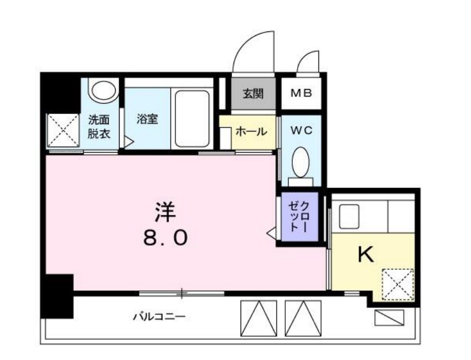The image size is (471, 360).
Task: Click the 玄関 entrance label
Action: (252, 93)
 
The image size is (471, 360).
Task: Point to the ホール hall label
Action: (251, 131)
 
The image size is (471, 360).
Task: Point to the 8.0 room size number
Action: (166, 237)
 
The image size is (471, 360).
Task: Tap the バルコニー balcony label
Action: (160, 316)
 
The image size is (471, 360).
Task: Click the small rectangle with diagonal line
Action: (390, 317)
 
